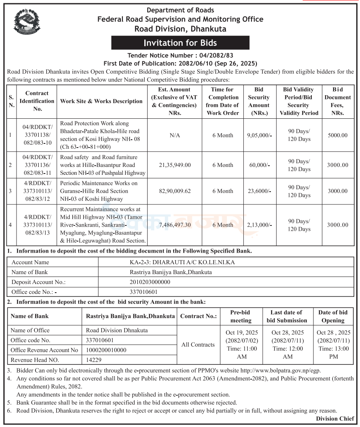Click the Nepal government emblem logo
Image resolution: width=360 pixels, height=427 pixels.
[x=27, y=23]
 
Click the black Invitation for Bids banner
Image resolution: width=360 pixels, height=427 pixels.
[x=180, y=43]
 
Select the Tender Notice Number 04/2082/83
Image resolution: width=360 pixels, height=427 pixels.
[x=180, y=55]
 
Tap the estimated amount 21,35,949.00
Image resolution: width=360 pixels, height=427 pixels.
[x=174, y=165]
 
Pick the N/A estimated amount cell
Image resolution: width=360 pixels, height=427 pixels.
[x=174, y=135]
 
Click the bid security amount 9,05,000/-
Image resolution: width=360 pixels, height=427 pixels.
[x=259, y=135]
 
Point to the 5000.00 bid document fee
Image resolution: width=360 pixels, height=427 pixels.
[x=337, y=135]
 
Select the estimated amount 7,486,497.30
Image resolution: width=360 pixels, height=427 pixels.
[x=174, y=225]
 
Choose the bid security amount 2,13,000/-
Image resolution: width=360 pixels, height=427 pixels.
[x=259, y=225]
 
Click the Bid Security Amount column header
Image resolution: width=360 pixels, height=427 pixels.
[x=259, y=101]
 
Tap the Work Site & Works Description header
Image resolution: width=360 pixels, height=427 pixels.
[x=101, y=101]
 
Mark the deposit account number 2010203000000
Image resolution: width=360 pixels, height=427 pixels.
[x=150, y=282]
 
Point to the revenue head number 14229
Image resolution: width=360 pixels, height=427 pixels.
[x=94, y=360]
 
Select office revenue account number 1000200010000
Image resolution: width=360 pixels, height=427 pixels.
[x=106, y=350]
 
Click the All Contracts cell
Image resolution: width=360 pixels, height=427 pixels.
[x=198, y=345]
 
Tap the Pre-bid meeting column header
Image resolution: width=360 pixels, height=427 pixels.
[x=241, y=316]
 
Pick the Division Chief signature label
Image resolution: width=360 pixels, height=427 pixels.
[x=335, y=419]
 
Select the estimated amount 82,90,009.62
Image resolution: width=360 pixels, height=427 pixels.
[x=174, y=191]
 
